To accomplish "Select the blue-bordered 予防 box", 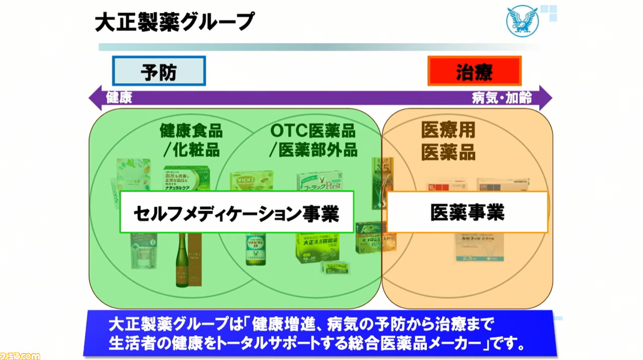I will click(159, 71).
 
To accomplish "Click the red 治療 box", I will click(474, 71).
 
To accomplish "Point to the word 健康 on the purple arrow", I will click(119, 97).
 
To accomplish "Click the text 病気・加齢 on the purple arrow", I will click(501, 97).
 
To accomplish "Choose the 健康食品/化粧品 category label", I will click(191, 141).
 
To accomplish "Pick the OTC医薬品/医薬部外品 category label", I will click(313, 141).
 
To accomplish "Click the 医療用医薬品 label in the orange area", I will click(448, 142).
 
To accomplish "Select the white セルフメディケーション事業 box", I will click(237, 212).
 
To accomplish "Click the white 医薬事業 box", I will click(467, 212).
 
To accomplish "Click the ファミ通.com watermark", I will click(20, 355).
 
